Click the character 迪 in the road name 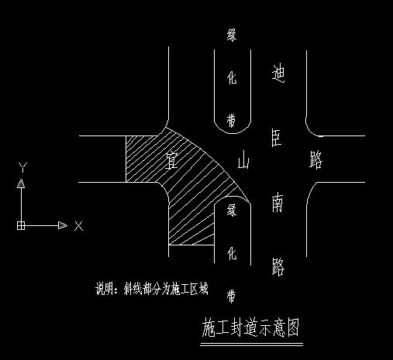(x=279, y=74)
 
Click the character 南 (x=278, y=203)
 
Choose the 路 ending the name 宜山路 (x=315, y=161)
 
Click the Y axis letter (x=23, y=167)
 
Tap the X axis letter (x=78, y=226)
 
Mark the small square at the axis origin (x=21, y=225)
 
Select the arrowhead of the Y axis (x=21, y=184)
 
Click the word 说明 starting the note (x=105, y=289)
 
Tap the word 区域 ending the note (x=199, y=289)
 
